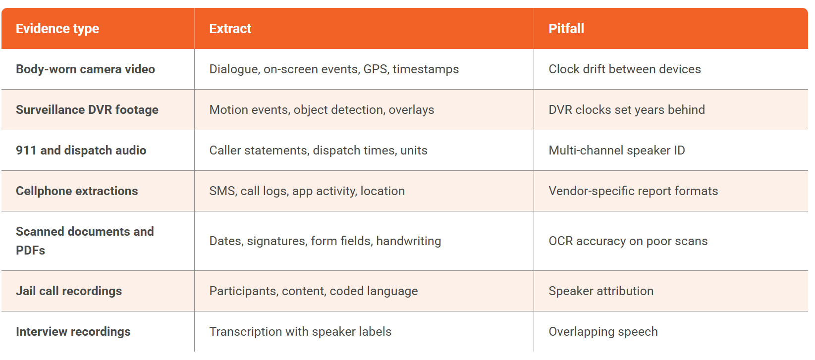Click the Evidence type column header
pos(57,29)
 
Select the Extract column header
pos(230,29)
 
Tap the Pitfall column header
pos(566,29)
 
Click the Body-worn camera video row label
pos(85,69)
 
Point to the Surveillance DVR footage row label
pos(87,110)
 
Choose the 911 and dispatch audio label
pos(81,151)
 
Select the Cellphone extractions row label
pos(77,191)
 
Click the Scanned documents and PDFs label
pos(85,241)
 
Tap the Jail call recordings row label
pos(69,291)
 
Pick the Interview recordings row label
pos(73,332)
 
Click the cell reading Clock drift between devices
pos(624,69)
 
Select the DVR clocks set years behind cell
pos(626,110)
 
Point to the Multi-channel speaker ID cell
pos(616,151)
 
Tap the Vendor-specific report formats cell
pos(633,191)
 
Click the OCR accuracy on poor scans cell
pos(628,241)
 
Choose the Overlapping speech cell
pos(603,332)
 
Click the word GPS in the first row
pos(375,69)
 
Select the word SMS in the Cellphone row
pos(222,191)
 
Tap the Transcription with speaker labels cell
pos(300,332)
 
